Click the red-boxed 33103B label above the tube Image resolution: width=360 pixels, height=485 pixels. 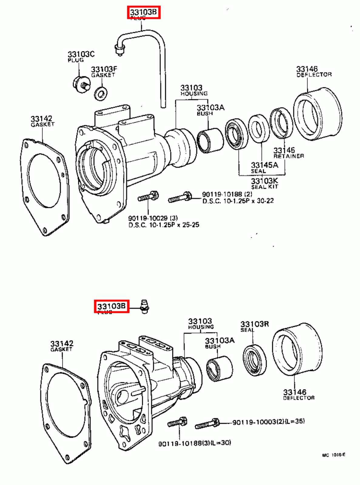pos(143,12)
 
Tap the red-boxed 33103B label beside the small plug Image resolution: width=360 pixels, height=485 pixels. pos(111,306)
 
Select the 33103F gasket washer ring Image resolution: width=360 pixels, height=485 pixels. pos(100,93)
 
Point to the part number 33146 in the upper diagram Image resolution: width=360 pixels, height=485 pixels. pos(307,69)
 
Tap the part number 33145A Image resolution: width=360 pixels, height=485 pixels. pos(264,165)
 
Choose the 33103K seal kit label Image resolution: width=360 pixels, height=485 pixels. pos(264,181)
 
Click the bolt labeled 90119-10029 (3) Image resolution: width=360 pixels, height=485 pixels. pos(148,197)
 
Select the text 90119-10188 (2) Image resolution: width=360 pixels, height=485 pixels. pos(227,194)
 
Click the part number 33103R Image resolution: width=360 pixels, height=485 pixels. pos(254,324)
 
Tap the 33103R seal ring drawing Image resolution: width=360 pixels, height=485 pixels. pos(255,360)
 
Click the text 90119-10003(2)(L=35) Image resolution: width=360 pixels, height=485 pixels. pos(268,422)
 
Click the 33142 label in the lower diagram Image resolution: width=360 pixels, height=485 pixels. pos(62,344)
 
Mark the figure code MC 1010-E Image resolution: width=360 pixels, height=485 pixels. pos(333,455)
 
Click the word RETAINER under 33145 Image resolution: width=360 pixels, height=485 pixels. pos(288,156)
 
